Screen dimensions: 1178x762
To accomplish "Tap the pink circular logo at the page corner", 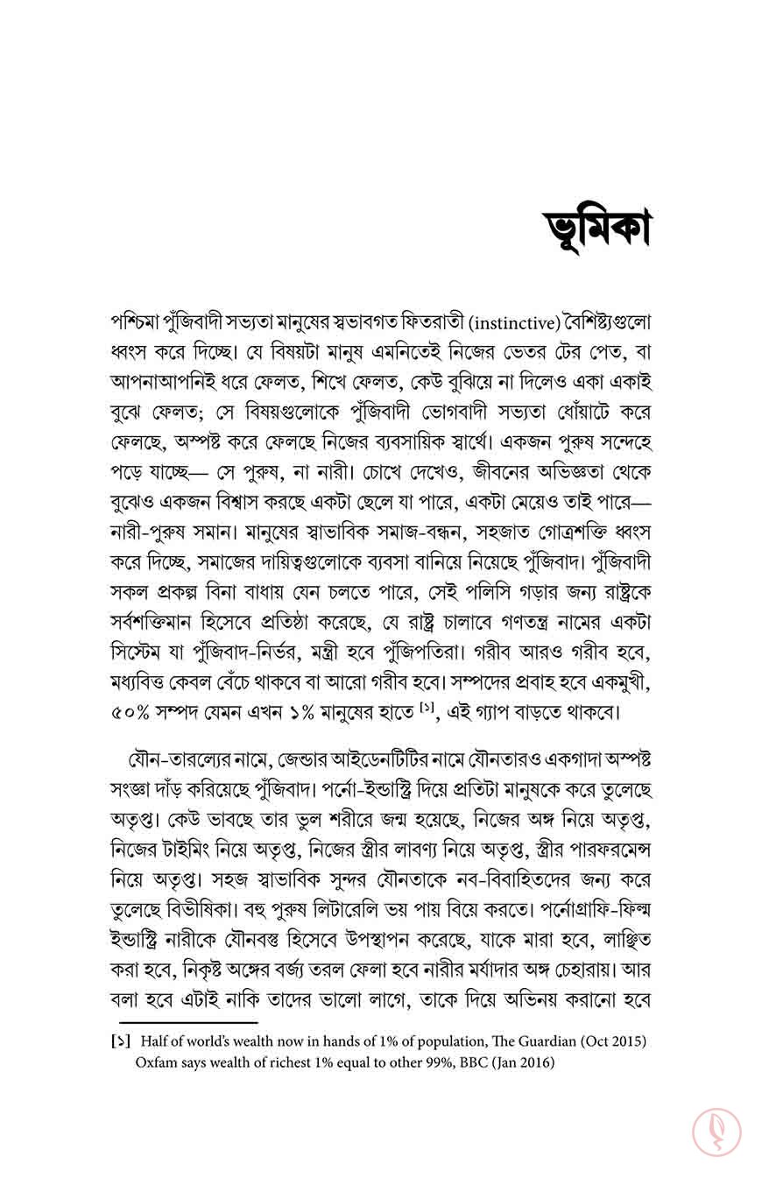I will pos(716,1132).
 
